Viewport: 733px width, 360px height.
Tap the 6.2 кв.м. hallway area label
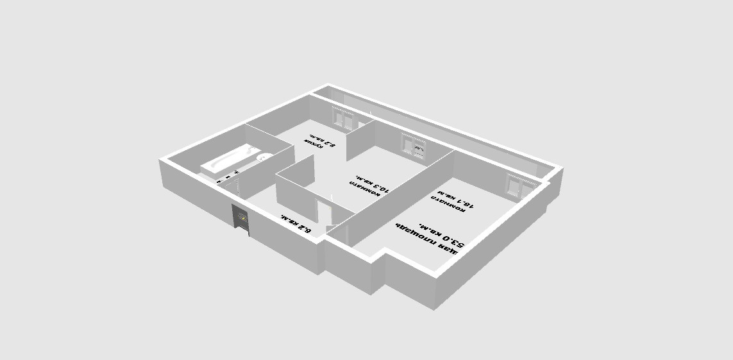pos(296,224)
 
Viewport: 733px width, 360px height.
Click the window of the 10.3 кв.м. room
pos(414,146)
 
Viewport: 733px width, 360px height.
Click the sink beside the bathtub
pos(262,156)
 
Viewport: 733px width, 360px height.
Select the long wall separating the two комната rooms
pos(398,193)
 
